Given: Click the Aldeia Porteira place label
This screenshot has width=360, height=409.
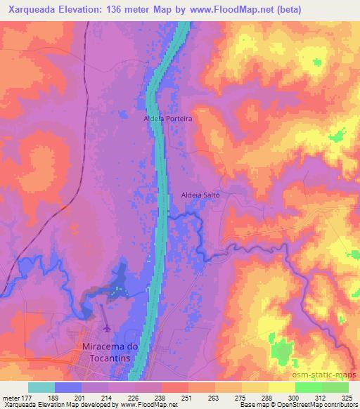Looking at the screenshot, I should tap(167, 119).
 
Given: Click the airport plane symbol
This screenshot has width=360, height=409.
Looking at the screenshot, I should tap(106, 328).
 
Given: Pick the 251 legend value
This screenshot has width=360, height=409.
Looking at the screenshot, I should tap(188, 397).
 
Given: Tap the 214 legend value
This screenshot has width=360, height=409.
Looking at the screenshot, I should tap(109, 397).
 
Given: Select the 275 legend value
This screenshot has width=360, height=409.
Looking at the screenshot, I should tap(241, 397).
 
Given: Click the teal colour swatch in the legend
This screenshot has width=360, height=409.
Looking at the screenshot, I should tap(41, 387).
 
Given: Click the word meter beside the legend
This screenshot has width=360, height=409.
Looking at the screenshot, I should tap(11, 397).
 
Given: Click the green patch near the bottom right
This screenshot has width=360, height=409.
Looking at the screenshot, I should tap(283, 349).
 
